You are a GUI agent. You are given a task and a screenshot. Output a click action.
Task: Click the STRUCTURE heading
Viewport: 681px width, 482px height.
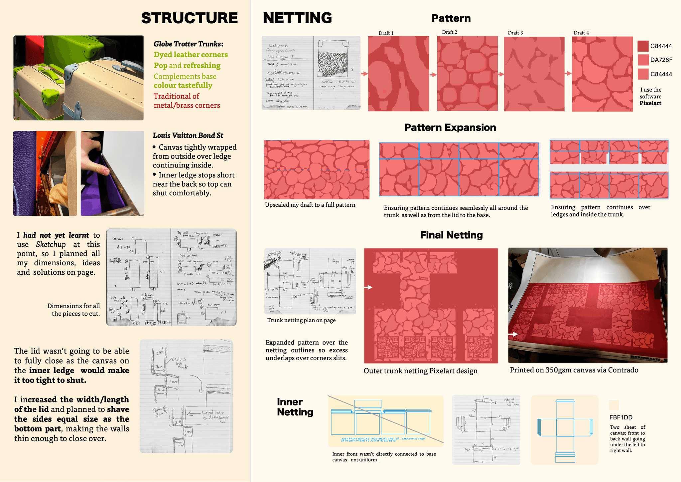pyautogui.click(x=189, y=18)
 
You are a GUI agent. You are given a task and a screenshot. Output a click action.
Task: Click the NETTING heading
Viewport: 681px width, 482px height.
pyautogui.click(x=297, y=18)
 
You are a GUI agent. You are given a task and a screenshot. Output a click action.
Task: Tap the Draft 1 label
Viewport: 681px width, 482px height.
pyautogui.click(x=386, y=33)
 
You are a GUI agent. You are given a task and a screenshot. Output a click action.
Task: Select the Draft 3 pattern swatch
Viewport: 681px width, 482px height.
pyautogui.click(x=534, y=74)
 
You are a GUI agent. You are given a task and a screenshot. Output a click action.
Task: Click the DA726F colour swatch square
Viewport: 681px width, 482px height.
pyautogui.click(x=643, y=60)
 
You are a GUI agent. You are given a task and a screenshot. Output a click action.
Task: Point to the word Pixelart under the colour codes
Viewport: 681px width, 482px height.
pyautogui.click(x=650, y=103)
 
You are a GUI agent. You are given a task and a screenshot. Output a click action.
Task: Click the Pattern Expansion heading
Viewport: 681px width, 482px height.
pyautogui.click(x=450, y=127)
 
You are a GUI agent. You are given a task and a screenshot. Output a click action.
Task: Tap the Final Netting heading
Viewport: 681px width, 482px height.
pyautogui.click(x=451, y=235)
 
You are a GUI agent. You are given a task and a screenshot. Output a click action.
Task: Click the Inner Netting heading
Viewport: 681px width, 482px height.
pyautogui.click(x=295, y=407)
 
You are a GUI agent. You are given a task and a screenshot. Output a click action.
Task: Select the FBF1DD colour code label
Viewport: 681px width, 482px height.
pyautogui.click(x=621, y=417)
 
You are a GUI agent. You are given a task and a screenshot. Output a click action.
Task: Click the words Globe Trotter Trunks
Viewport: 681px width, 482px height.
pyautogui.click(x=188, y=44)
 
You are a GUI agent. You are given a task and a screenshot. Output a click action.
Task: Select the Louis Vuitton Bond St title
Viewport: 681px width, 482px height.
pyautogui.click(x=188, y=135)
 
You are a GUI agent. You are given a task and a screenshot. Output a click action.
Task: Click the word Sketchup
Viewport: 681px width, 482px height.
pyautogui.click(x=51, y=244)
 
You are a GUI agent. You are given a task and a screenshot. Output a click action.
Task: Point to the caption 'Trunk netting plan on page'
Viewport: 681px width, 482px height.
pyautogui.click(x=301, y=320)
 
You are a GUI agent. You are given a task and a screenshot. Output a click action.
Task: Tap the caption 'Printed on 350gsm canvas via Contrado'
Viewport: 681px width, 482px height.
pyautogui.click(x=574, y=370)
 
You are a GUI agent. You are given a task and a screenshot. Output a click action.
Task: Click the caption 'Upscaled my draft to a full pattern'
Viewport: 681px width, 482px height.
pyautogui.click(x=310, y=205)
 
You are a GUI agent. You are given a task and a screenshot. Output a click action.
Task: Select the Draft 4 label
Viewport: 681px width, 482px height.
pyautogui.click(x=581, y=33)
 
